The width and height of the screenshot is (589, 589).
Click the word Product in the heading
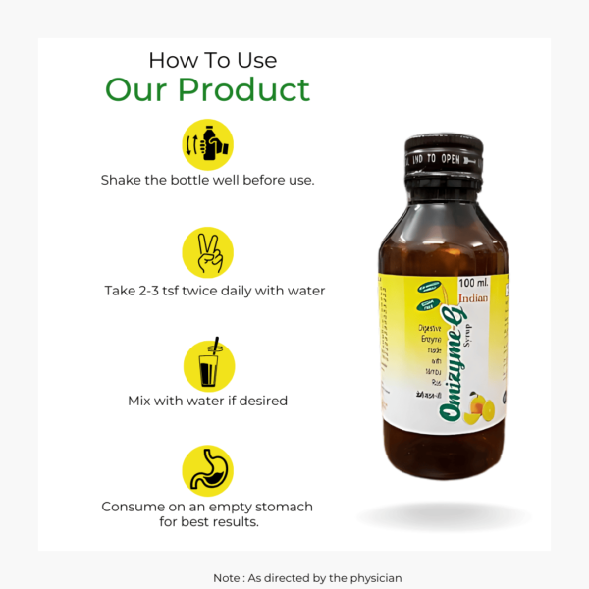tap(244, 90)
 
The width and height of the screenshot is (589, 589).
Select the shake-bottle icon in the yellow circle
tap(208, 144)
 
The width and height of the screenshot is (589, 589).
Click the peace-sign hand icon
tap(208, 252)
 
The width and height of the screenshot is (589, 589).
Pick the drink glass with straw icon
tap(208, 364)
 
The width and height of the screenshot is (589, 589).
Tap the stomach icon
tap(208, 470)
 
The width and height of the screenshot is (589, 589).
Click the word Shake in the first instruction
tap(122, 181)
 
